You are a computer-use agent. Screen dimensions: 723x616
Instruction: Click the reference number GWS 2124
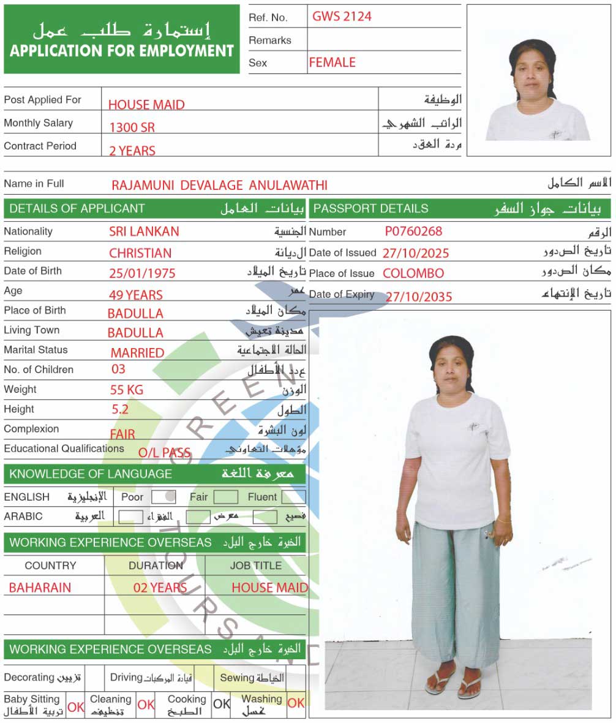tap(342, 17)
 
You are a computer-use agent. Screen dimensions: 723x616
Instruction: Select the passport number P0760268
tap(413, 232)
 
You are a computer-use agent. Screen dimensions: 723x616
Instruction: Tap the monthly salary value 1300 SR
tap(132, 127)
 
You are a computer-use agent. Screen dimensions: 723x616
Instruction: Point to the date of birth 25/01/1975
tap(142, 273)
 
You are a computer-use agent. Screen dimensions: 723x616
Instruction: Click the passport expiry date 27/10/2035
tap(418, 297)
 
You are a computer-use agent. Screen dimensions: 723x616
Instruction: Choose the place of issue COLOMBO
tap(413, 273)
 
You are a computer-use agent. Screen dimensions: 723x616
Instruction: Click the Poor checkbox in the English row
tap(163, 497)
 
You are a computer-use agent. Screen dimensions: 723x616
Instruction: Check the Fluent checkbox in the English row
tap(293, 497)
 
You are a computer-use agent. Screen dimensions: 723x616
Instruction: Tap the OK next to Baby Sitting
tap(76, 706)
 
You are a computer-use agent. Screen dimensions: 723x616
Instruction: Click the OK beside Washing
tap(296, 703)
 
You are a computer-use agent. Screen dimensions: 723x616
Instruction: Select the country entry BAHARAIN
tap(40, 588)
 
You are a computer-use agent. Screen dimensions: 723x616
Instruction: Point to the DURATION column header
tap(156, 566)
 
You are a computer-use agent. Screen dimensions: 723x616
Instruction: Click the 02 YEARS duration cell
tap(160, 588)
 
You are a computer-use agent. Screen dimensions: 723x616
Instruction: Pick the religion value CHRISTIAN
tap(140, 253)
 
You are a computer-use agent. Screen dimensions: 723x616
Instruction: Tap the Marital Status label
tap(36, 350)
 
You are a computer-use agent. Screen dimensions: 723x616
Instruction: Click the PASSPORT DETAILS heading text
tap(370, 208)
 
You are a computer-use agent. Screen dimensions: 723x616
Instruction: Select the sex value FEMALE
tap(332, 62)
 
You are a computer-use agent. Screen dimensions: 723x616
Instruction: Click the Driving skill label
tap(126, 677)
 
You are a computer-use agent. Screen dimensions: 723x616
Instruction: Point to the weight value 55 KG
tap(126, 390)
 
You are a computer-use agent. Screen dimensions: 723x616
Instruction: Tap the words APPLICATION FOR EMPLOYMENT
tap(122, 50)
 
